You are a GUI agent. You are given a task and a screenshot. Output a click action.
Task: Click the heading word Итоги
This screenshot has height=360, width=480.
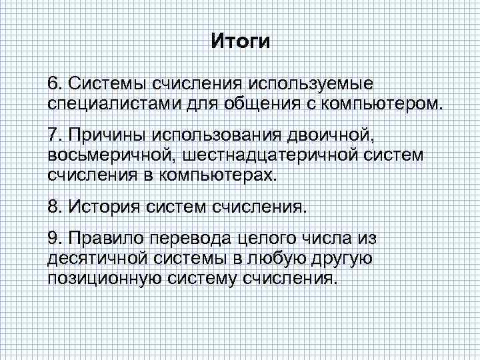[241, 42]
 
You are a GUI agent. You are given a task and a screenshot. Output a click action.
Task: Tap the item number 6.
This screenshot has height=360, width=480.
[53, 85]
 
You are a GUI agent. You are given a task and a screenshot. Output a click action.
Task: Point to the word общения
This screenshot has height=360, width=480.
[253, 104]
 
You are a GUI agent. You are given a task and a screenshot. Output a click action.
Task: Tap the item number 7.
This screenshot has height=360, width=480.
[53, 137]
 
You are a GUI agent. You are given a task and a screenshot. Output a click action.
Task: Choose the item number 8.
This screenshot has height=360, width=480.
[53, 207]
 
